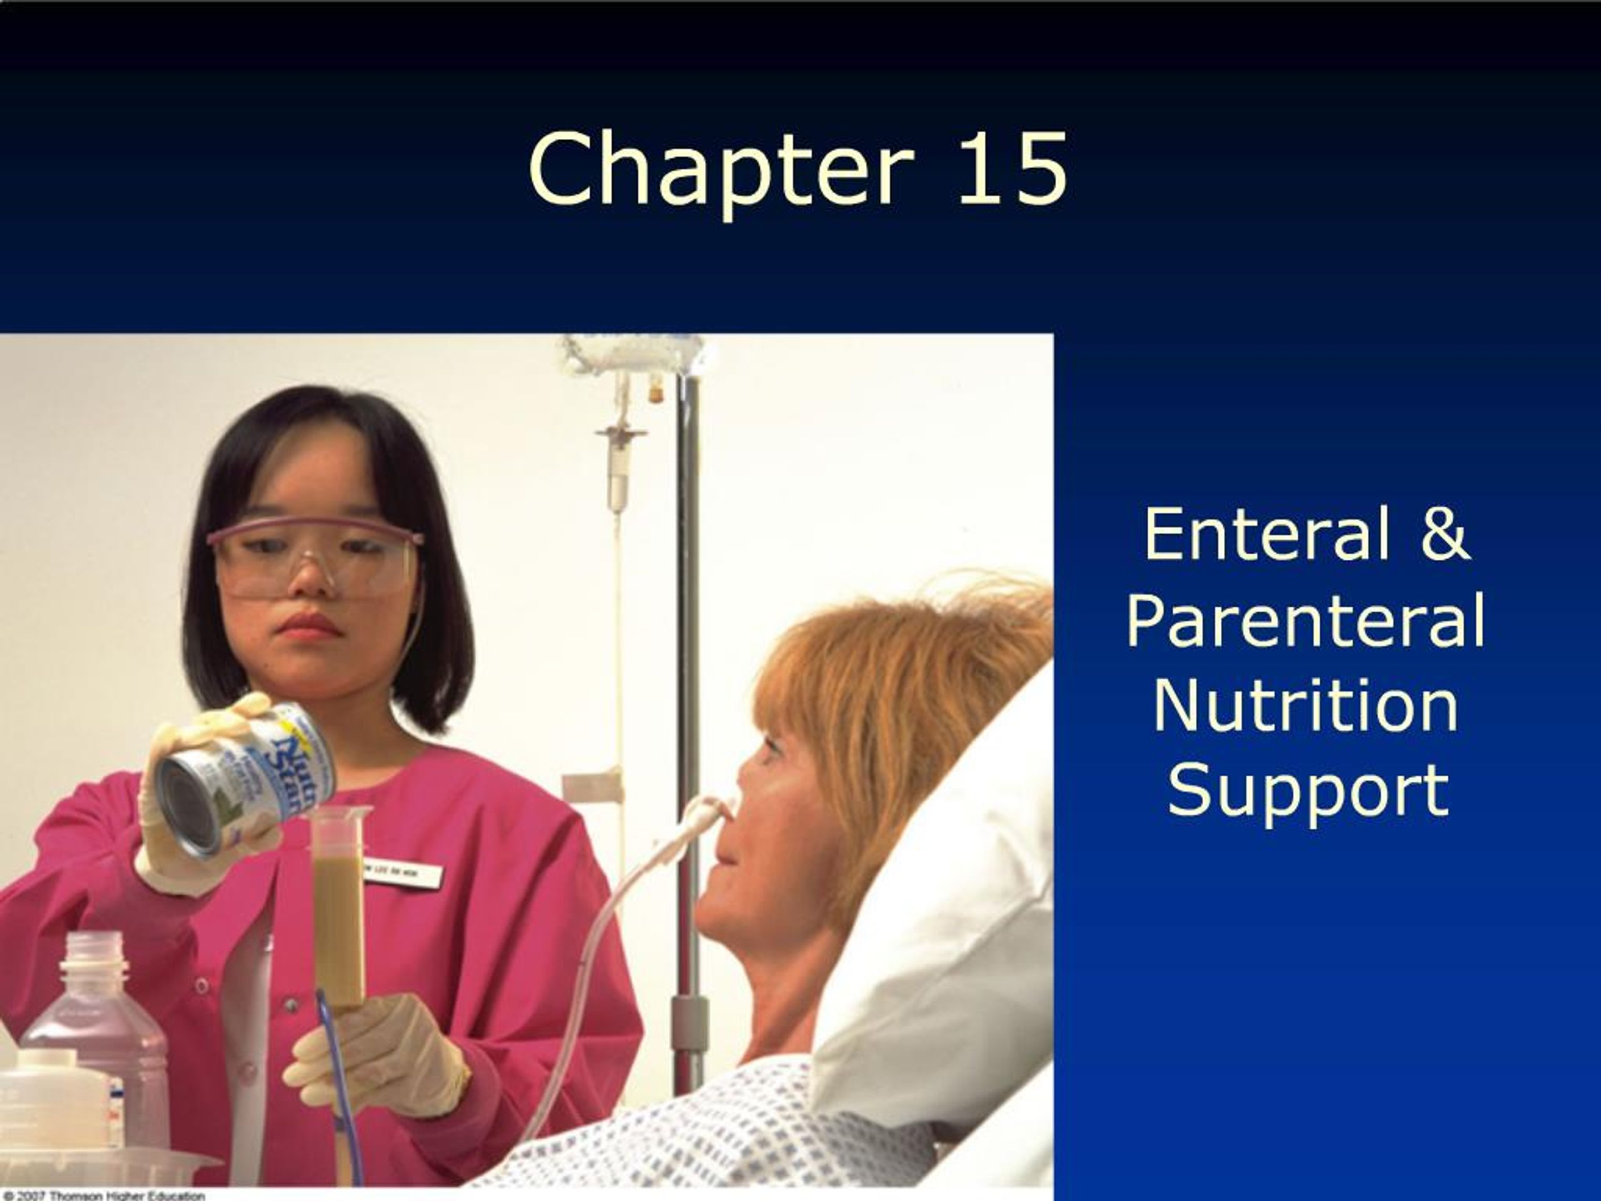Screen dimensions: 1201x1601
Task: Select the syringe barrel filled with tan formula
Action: (338, 912)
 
